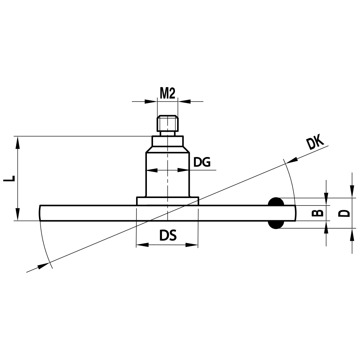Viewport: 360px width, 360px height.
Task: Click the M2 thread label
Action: pyautogui.click(x=167, y=94)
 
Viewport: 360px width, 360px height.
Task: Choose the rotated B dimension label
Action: pyautogui.click(x=317, y=213)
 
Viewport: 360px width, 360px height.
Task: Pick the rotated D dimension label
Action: pyautogui.click(x=345, y=213)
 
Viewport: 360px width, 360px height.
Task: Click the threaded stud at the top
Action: pyautogui.click(x=167, y=123)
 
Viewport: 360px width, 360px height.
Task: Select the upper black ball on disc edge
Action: pyautogui.click(x=276, y=202)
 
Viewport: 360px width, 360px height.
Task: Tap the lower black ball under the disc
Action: pyautogui.click(x=276, y=225)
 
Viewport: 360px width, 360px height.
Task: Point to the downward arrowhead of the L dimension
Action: pyautogui.click(x=17, y=215)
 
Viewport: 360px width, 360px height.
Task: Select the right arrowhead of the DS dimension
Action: pyautogui.click(x=193, y=245)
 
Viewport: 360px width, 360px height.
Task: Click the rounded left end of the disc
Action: pyautogui.click(x=41, y=213)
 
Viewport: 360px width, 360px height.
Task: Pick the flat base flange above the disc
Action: pyautogui.click(x=167, y=201)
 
